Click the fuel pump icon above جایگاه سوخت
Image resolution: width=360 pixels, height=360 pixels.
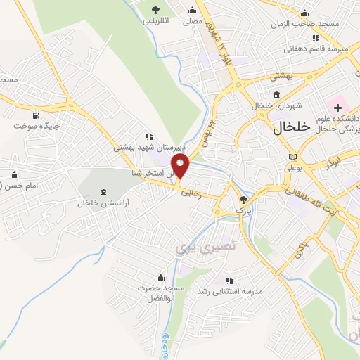[34, 115]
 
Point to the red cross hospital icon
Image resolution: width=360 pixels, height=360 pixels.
[337, 108]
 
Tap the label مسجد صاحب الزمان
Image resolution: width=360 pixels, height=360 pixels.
[307, 24]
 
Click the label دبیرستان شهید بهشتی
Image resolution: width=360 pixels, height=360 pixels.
[150, 148]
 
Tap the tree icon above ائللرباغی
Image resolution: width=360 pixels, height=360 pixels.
[156, 9]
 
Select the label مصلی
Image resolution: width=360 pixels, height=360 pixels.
[193, 22]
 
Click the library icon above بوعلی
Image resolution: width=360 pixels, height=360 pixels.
[292, 157]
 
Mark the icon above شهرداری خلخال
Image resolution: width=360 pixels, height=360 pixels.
[276, 95]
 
